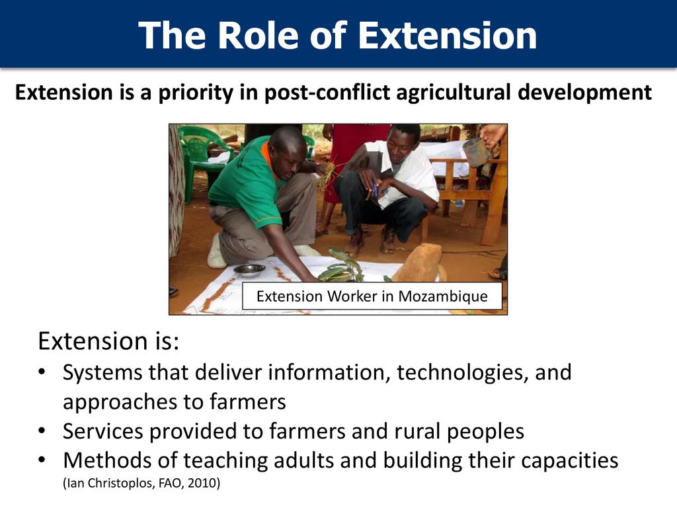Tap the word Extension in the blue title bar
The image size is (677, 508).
tap(448, 35)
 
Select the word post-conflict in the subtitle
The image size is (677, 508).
tap(327, 93)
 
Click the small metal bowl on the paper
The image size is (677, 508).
tap(249, 270)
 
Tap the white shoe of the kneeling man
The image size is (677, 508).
tap(216, 252)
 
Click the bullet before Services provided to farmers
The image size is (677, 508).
tap(42, 430)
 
